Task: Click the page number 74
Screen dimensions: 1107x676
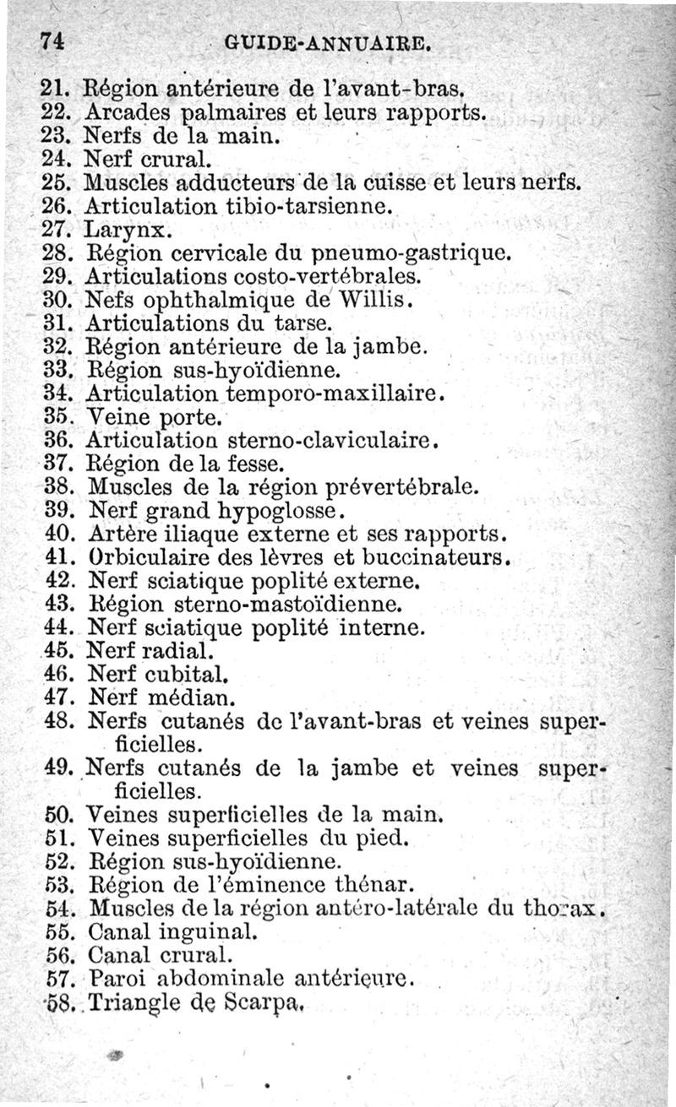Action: click(52, 41)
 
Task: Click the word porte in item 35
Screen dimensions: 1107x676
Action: click(191, 417)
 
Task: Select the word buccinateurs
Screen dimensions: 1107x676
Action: click(438, 558)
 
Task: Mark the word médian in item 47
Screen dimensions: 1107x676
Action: click(192, 698)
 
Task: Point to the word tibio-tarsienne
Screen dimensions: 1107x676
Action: click(306, 205)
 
